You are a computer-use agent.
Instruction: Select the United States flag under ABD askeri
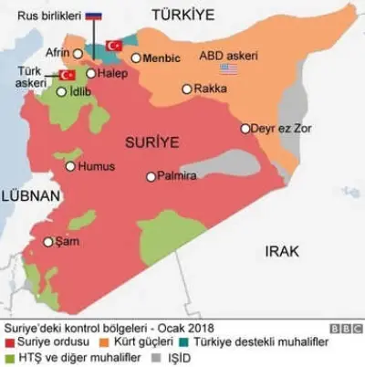[x=228, y=68]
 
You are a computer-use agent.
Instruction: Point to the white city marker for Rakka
[x=187, y=89]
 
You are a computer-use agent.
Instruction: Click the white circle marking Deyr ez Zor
[x=245, y=129]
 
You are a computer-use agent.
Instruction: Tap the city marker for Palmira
[x=151, y=176]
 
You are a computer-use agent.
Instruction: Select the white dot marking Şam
[x=48, y=242]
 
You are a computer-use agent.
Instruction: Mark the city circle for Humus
[x=70, y=166]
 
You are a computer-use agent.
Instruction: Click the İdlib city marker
[x=61, y=91]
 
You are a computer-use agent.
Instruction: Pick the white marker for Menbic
[x=136, y=58]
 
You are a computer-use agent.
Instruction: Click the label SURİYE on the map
[x=151, y=142]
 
